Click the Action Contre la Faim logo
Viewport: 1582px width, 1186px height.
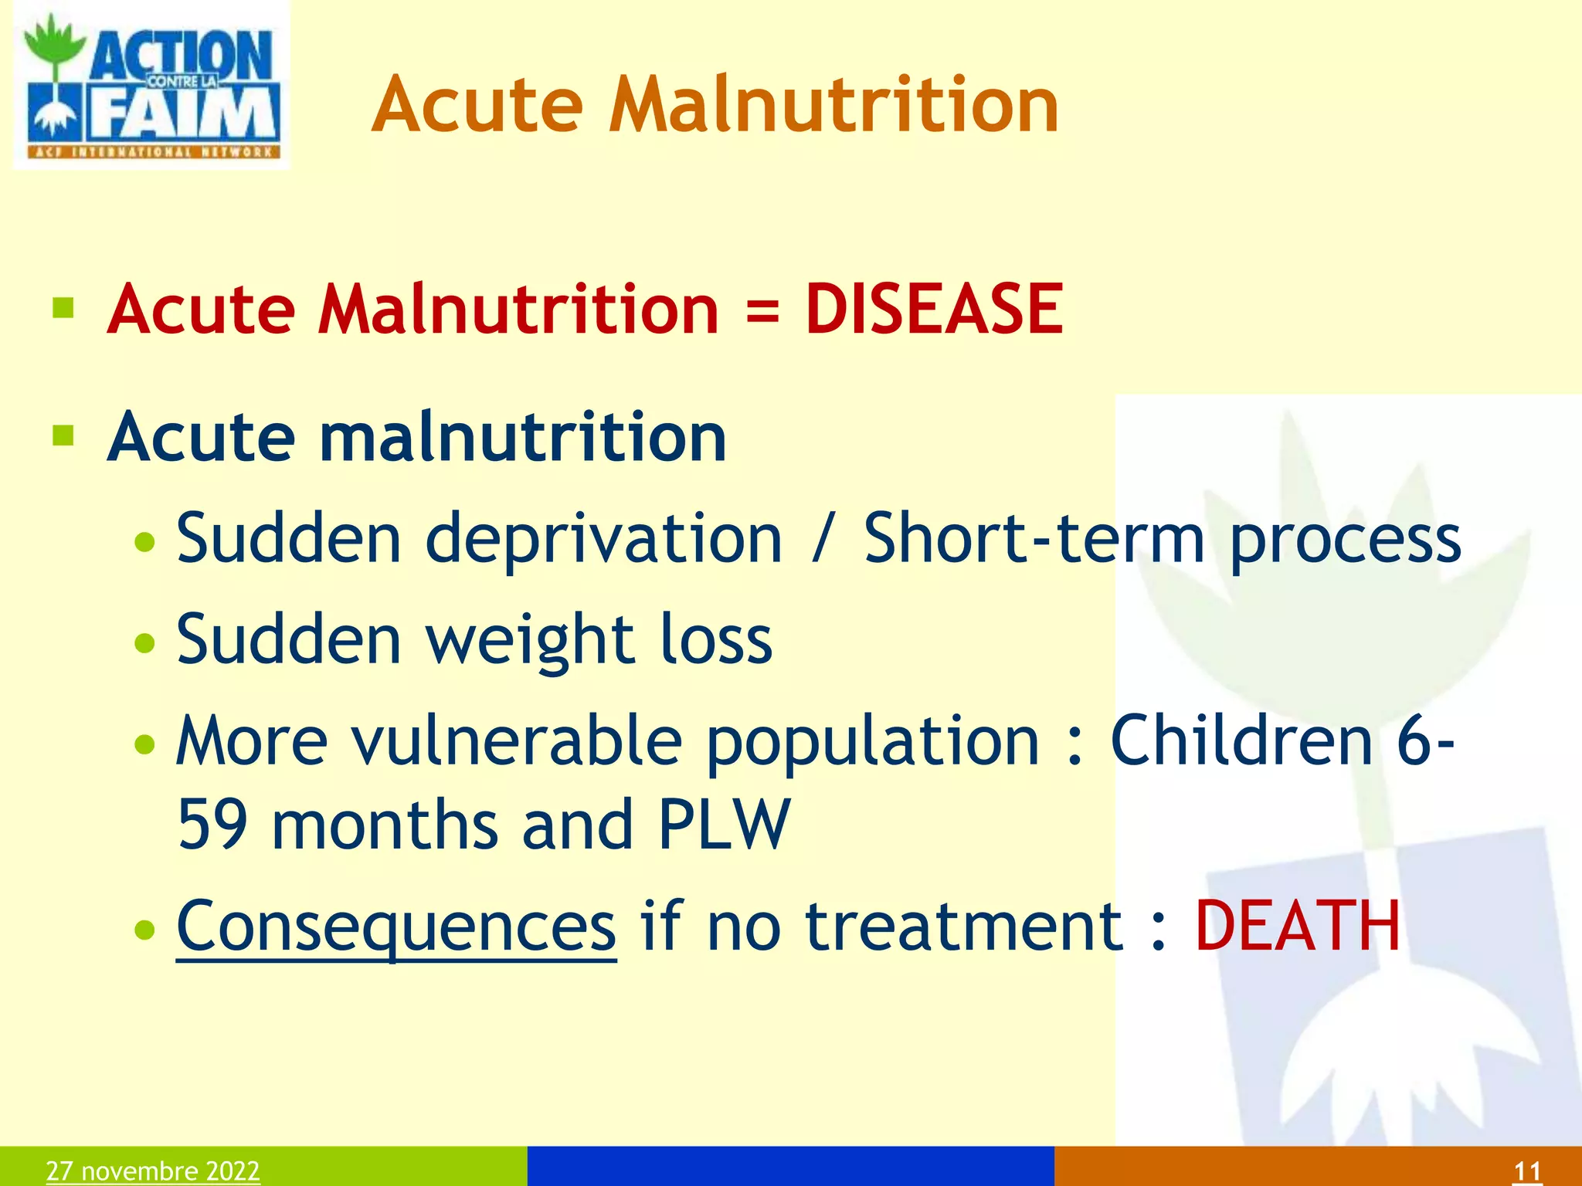[x=151, y=85]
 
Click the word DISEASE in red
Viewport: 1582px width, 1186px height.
[x=934, y=310]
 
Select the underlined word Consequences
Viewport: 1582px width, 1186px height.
[x=396, y=927]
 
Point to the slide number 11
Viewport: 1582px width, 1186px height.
[x=1527, y=1171]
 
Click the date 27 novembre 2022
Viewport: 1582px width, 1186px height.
[x=153, y=1171]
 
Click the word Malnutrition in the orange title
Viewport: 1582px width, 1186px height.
[x=833, y=106]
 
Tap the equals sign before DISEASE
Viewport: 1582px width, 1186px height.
[x=762, y=311]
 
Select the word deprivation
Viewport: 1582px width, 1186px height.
[x=604, y=538]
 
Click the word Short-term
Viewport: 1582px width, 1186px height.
[x=1034, y=538]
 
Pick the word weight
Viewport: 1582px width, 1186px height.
[x=531, y=640]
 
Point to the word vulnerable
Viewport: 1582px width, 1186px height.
[x=517, y=741]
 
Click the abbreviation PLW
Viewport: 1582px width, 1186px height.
[x=724, y=825]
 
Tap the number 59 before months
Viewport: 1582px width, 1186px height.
[x=212, y=825]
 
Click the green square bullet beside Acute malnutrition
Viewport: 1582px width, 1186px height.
[x=63, y=436]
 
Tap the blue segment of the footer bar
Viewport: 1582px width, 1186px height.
[x=790, y=1166]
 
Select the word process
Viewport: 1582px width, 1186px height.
[x=1345, y=540]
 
